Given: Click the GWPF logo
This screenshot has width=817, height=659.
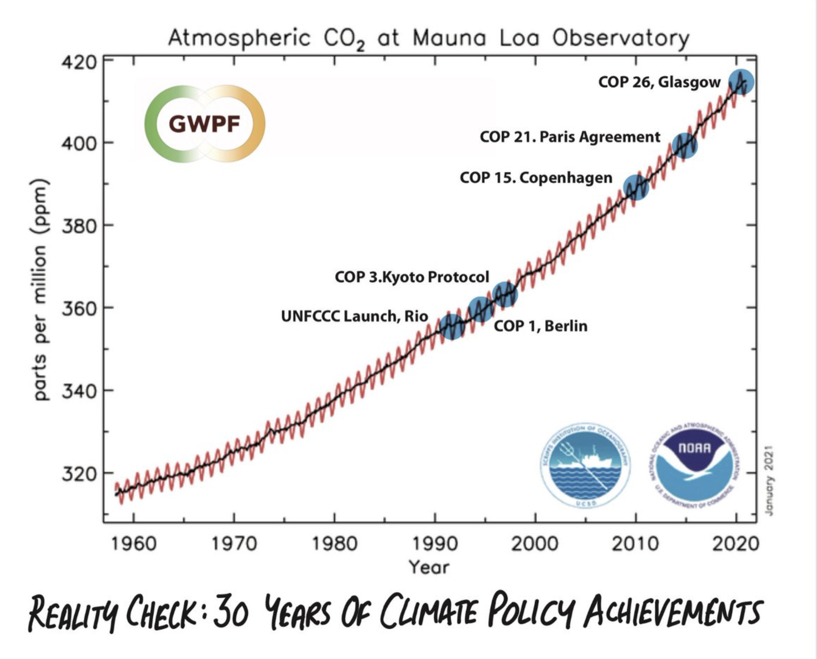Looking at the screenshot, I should pos(205,124).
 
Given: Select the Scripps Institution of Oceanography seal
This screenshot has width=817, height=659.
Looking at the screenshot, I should pos(585,466).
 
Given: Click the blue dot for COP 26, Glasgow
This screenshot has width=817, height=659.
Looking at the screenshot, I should pos(741,82).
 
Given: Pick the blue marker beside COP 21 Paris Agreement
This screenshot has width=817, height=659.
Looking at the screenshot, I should pos(684,146).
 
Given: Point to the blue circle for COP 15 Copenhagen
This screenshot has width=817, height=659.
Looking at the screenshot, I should pos(636,187).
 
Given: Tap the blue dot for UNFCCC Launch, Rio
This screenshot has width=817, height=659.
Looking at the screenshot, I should pos(452,326).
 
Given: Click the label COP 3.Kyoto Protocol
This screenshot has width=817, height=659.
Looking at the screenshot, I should pos(412,277).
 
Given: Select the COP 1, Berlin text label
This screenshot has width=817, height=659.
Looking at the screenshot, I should pos(541,326).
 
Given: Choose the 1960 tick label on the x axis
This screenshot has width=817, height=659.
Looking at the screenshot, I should pos(134,544).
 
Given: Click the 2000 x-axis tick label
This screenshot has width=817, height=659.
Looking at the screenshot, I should pos(535,544).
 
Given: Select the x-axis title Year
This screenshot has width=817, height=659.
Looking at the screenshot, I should pos(429,568).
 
